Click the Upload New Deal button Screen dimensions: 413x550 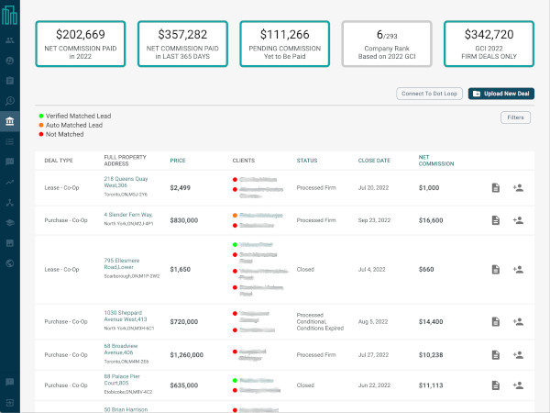coord(501,94)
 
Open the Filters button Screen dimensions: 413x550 coord(515,117)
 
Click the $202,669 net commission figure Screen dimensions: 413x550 coord(80,35)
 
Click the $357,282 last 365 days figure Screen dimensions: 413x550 coord(181,35)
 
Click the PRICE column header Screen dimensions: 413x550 coord(178,160)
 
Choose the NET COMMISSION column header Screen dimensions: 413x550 coord(434,160)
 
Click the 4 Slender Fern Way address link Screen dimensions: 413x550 coord(129,216)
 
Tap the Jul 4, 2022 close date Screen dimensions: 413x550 coord(372,270)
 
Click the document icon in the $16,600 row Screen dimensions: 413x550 coord(495,220)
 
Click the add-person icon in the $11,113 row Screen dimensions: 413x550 coord(518,385)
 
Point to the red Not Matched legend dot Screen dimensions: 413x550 coord(41,134)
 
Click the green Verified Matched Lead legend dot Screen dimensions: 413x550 coord(41,116)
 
